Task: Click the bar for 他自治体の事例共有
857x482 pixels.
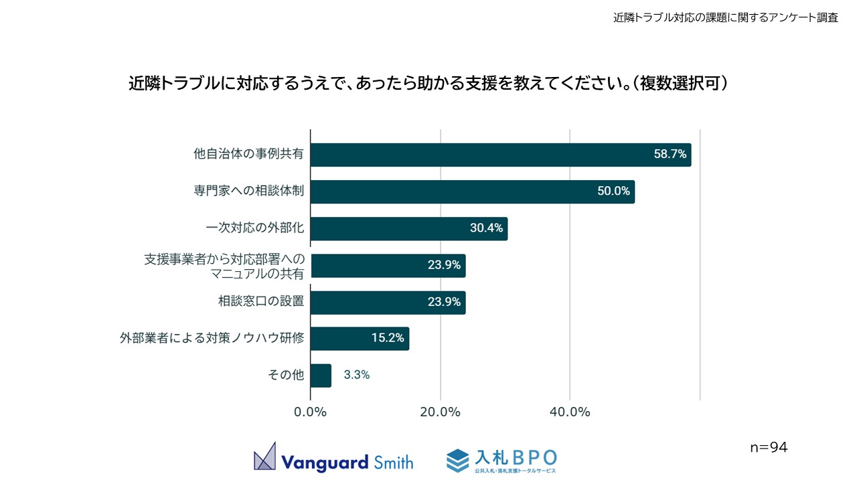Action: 501,155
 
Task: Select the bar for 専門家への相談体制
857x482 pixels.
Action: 473,191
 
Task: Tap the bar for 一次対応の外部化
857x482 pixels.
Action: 409,228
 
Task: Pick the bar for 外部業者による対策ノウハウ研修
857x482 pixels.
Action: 360,339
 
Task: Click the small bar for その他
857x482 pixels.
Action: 321,376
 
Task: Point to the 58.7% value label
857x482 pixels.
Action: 670,155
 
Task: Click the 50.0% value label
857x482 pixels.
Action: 613,191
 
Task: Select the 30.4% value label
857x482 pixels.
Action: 486,228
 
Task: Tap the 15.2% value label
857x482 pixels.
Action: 388,339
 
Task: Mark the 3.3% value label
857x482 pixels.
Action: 357,376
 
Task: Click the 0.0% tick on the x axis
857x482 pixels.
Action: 311,412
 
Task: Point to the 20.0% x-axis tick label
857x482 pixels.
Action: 441,412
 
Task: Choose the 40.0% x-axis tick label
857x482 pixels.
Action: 570,412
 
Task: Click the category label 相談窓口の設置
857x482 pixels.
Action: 261,301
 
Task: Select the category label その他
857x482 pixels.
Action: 286,376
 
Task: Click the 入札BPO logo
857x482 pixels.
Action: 501,460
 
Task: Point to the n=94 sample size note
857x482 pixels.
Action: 769,447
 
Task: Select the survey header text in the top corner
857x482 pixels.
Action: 726,18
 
